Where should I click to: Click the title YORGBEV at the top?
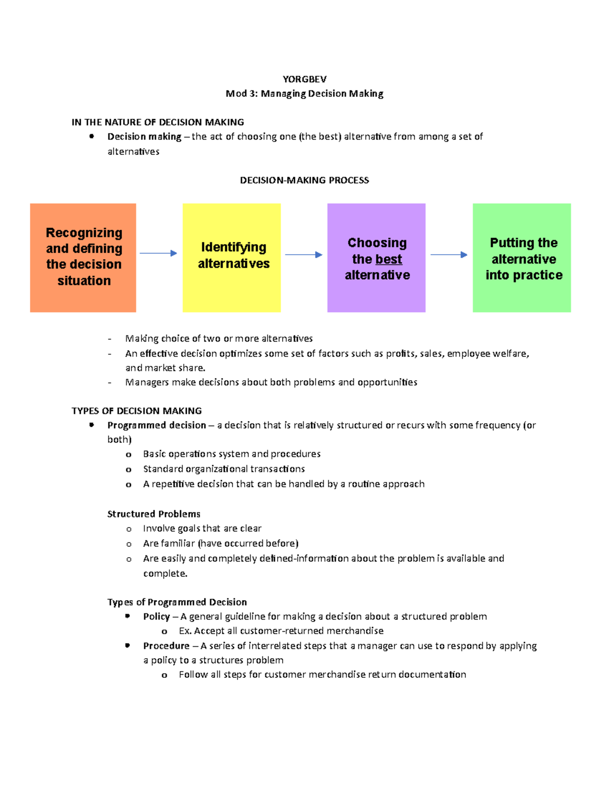[304, 79]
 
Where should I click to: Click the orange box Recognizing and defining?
[83, 257]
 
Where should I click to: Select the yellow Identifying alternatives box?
[231, 257]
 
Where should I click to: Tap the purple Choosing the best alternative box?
[376, 257]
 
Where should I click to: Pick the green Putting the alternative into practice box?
[522, 257]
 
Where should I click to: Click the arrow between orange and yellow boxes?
[158, 253]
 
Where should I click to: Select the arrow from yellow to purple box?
[303, 255]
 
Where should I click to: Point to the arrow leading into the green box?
[449, 255]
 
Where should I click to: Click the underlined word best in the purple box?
[388, 259]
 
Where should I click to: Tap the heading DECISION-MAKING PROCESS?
[304, 180]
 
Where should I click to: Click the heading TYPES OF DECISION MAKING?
[137, 411]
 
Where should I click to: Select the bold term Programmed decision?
[156, 425]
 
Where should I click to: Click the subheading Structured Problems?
[154, 514]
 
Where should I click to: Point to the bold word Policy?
[156, 616]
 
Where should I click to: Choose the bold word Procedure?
[166, 646]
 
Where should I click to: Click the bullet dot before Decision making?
[92, 136]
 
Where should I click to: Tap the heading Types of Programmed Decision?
[177, 602]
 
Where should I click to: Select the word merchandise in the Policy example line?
[355, 631]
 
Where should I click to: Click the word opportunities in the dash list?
[387, 382]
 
